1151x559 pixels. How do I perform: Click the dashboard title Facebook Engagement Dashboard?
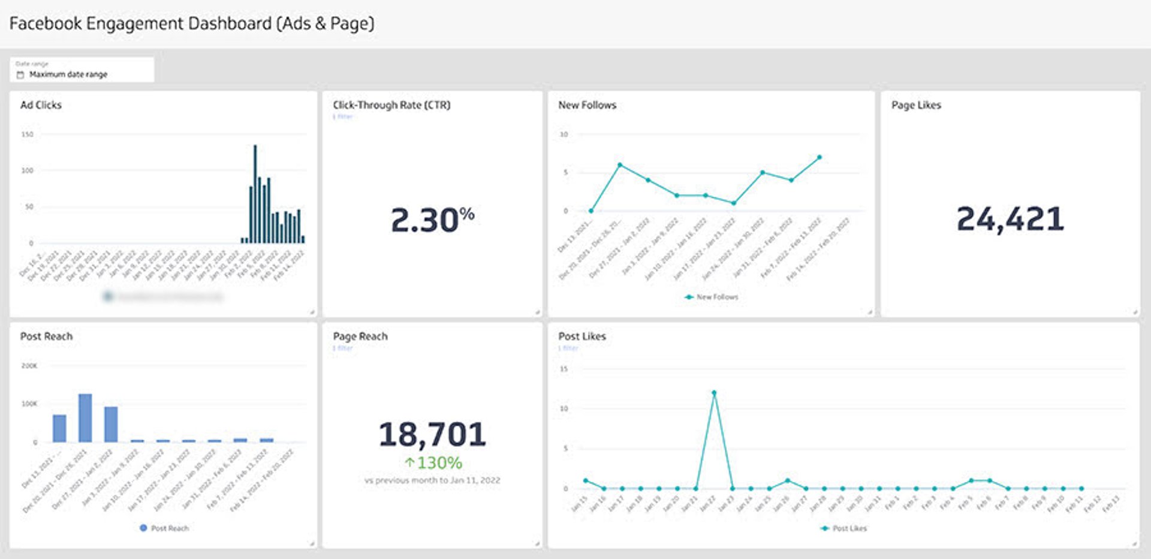[191, 24]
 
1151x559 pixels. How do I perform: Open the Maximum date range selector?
[68, 74]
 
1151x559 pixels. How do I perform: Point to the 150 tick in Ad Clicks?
[28, 134]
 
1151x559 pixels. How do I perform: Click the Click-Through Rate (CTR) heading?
[391, 105]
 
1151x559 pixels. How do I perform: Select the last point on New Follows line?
[819, 157]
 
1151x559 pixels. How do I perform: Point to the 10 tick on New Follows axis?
[564, 134]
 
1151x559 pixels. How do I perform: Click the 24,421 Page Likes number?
[1010, 219]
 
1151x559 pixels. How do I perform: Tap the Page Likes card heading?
[916, 105]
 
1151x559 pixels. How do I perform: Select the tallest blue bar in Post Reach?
[85, 417]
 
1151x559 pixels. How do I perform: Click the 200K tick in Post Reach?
[29, 366]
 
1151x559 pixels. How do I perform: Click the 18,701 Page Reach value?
[432, 434]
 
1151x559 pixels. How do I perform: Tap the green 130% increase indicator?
[433, 463]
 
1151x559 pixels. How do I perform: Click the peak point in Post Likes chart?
[713, 393]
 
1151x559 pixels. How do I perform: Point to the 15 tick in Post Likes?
[564, 369]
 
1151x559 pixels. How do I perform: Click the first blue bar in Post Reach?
[59, 428]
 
